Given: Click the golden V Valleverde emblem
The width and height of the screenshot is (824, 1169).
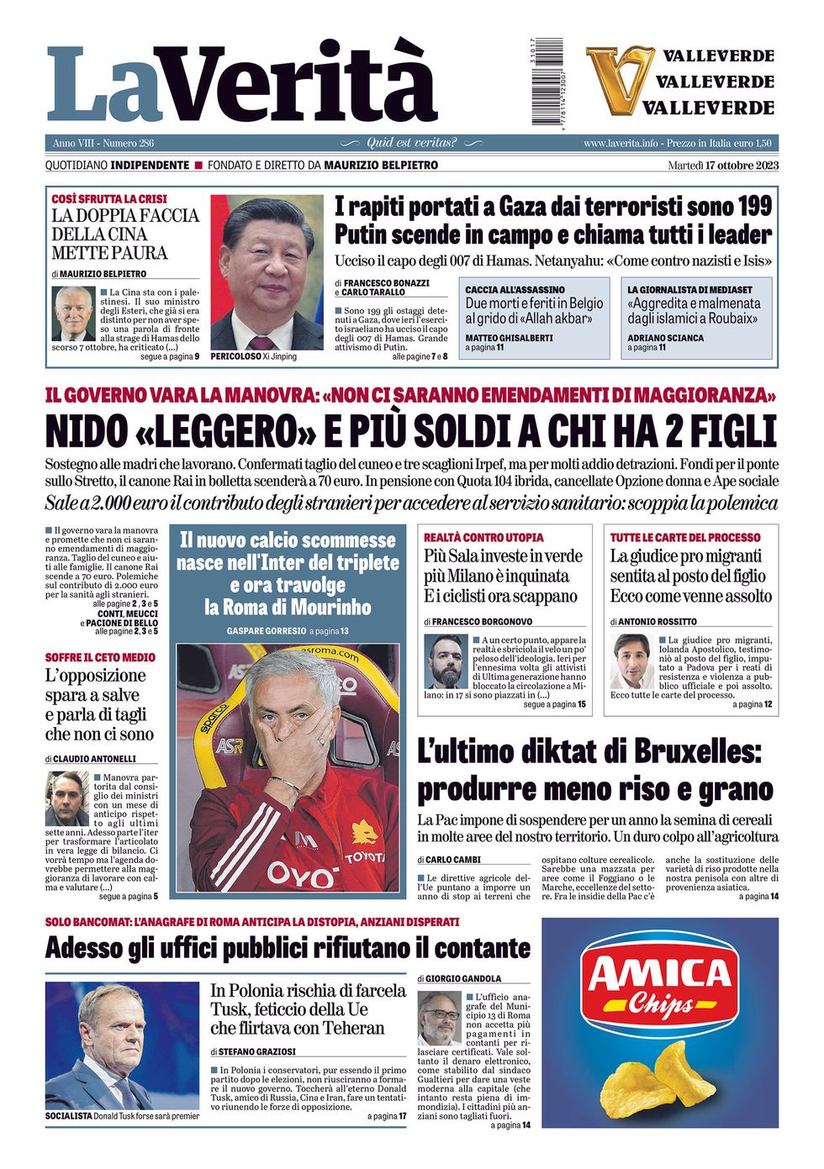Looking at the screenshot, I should (x=620, y=81).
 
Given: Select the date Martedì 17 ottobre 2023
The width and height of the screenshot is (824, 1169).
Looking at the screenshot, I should (x=723, y=166).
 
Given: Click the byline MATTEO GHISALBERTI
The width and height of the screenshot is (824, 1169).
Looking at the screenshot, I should (x=509, y=338).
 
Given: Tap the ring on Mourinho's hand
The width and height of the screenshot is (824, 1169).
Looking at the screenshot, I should (x=321, y=740).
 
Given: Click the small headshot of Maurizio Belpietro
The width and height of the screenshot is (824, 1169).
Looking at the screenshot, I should (x=74, y=313).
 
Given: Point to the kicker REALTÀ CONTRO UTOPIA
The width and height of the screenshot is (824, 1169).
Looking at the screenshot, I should (x=483, y=537).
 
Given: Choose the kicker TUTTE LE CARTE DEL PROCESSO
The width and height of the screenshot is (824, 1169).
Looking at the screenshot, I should (x=684, y=537).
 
